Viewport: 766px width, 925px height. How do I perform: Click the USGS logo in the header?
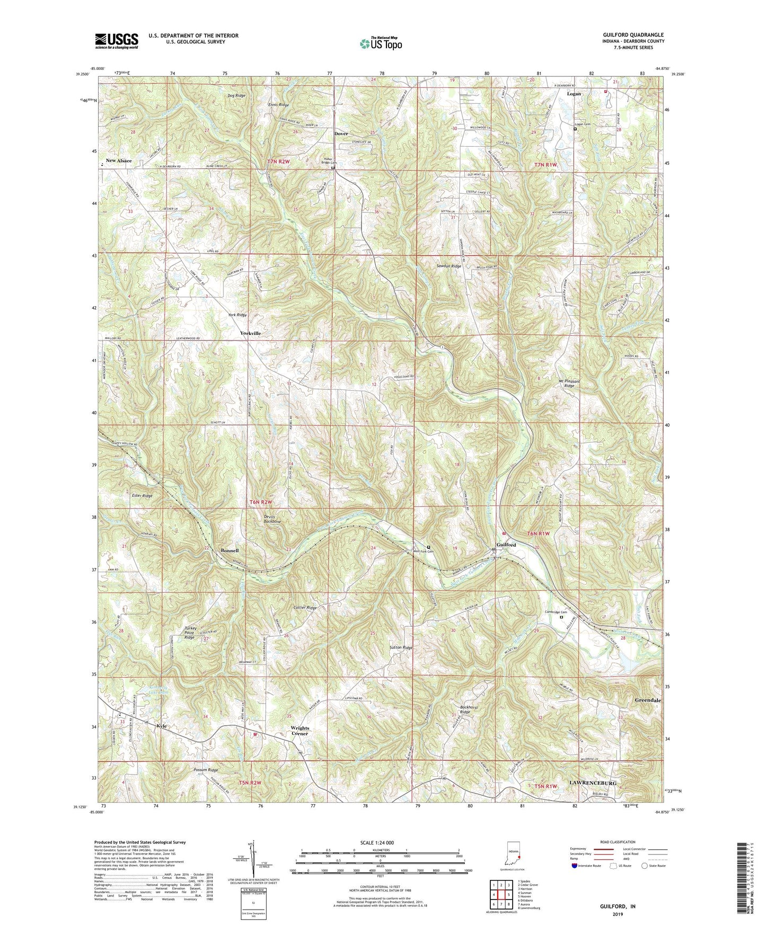pos(117,41)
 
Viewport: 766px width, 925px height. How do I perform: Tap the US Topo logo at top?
pos(380,43)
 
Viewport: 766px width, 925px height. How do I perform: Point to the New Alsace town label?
pos(118,160)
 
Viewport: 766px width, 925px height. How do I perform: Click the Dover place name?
pos(341,134)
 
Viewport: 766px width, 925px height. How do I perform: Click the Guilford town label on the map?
pos(506,545)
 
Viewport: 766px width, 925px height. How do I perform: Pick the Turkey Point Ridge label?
pos(182,633)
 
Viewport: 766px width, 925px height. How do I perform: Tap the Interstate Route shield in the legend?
pos(574,866)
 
